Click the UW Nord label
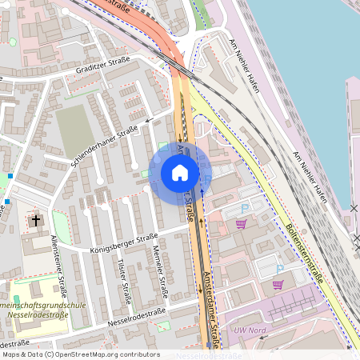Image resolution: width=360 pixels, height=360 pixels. (x=249, y=330)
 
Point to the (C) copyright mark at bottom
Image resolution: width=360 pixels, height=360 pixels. (x=49, y=354)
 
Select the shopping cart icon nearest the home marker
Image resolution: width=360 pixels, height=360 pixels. (x=241, y=224)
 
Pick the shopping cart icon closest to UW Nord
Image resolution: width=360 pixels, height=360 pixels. (x=278, y=284)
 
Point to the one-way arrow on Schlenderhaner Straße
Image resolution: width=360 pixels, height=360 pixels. (x=150, y=121)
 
